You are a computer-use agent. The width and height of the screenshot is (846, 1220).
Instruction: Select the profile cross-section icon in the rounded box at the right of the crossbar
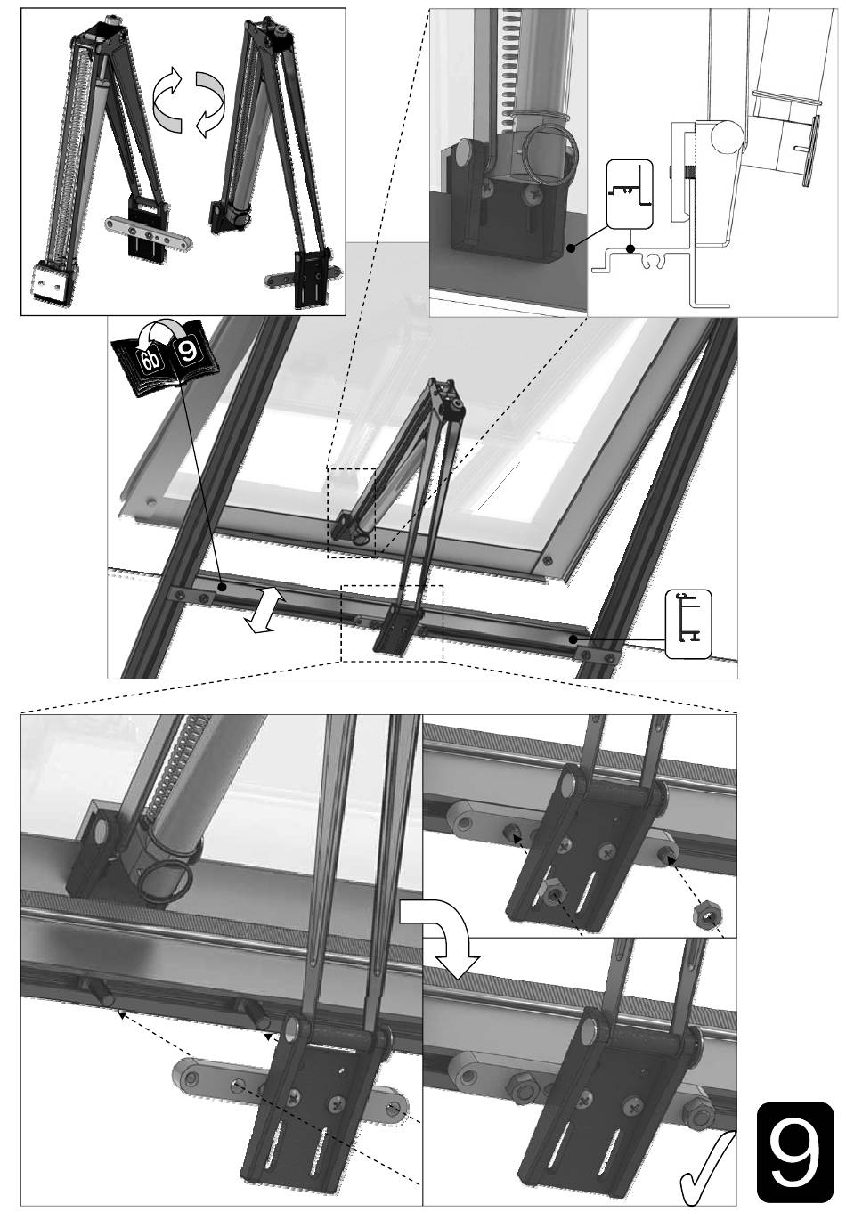(x=687, y=622)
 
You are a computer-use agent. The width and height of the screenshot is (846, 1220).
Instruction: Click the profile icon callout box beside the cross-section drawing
(x=629, y=193)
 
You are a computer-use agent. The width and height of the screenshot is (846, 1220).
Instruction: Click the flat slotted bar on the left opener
(x=148, y=232)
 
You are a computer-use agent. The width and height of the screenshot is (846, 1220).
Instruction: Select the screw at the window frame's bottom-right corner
(x=548, y=560)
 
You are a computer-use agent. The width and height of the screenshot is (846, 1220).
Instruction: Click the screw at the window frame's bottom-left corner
(x=150, y=500)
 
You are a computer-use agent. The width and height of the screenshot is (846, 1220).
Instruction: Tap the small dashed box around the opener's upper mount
(x=351, y=513)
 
